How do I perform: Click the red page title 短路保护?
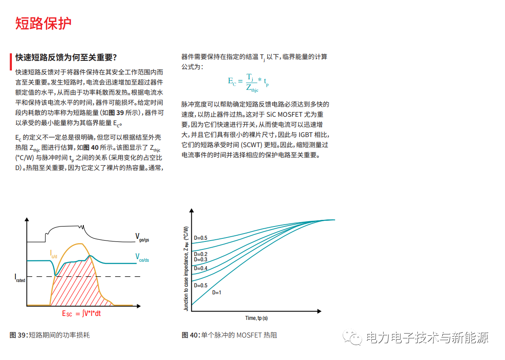[x=43, y=23]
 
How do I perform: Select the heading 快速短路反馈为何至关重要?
[x=66, y=58]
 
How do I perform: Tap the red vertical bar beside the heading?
[x=11, y=62]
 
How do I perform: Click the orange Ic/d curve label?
[x=53, y=253]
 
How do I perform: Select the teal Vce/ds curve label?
[x=142, y=257]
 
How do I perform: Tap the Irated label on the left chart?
[x=20, y=278]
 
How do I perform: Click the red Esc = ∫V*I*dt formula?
[x=84, y=313]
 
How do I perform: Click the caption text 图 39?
[x=18, y=335]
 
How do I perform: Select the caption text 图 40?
[x=191, y=335]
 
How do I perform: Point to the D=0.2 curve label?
[x=201, y=254]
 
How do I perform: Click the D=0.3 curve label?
[x=201, y=260]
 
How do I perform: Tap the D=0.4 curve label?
[x=201, y=268]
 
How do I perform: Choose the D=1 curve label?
[x=217, y=292]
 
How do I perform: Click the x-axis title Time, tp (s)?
[x=256, y=318]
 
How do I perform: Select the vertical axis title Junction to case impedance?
[x=186, y=269]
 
